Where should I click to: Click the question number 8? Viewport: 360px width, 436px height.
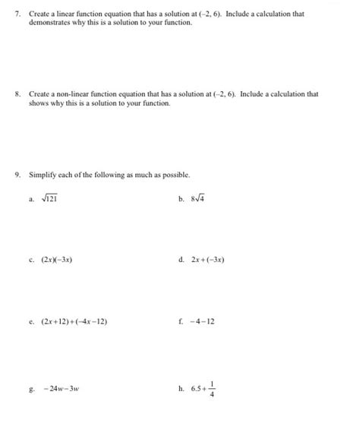(17, 94)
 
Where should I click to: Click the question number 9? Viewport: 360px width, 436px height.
(17, 174)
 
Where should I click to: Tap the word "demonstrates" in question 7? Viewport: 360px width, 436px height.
(49, 23)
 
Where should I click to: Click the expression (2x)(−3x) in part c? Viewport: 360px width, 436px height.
(58, 259)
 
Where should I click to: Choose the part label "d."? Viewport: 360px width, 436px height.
(181, 259)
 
